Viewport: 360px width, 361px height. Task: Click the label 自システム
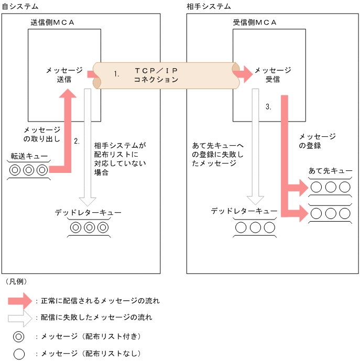click(x=20, y=6)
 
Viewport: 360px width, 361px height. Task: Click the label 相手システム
click(x=209, y=6)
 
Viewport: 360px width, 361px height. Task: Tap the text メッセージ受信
click(x=272, y=75)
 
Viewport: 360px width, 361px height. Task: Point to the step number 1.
click(x=117, y=74)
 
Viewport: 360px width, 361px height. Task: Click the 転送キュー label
click(x=29, y=156)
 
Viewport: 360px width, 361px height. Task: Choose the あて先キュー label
click(x=330, y=171)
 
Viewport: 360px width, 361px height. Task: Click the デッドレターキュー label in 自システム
click(x=88, y=213)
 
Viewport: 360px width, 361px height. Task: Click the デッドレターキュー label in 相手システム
click(x=244, y=211)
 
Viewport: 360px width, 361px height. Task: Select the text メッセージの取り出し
click(x=42, y=134)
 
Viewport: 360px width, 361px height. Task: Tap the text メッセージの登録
click(x=317, y=141)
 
